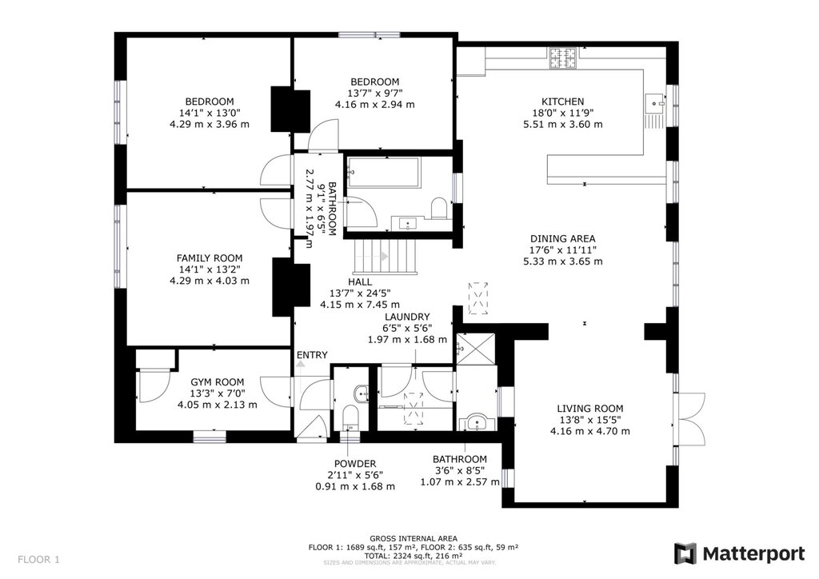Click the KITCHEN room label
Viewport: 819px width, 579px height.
click(562, 102)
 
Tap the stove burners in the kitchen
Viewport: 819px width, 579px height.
click(563, 58)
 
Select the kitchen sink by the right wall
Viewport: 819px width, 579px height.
click(655, 103)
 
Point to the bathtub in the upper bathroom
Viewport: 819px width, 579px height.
click(383, 172)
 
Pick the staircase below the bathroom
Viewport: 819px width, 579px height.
click(386, 257)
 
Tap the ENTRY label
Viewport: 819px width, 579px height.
click(312, 355)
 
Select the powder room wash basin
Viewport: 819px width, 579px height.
click(361, 393)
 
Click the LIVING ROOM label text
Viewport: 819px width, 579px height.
click(589, 409)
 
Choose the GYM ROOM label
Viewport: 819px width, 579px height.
click(217, 382)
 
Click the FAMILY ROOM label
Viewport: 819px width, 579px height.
click(210, 258)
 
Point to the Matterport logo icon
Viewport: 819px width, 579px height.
click(685, 554)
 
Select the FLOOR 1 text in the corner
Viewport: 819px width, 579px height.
click(38, 560)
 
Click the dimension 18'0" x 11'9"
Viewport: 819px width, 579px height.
click(562, 113)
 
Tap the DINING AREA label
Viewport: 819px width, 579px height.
click(562, 238)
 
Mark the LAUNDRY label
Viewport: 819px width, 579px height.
click(407, 317)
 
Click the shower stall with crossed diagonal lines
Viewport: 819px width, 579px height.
click(475, 349)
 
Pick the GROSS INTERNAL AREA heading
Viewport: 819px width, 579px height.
click(413, 538)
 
